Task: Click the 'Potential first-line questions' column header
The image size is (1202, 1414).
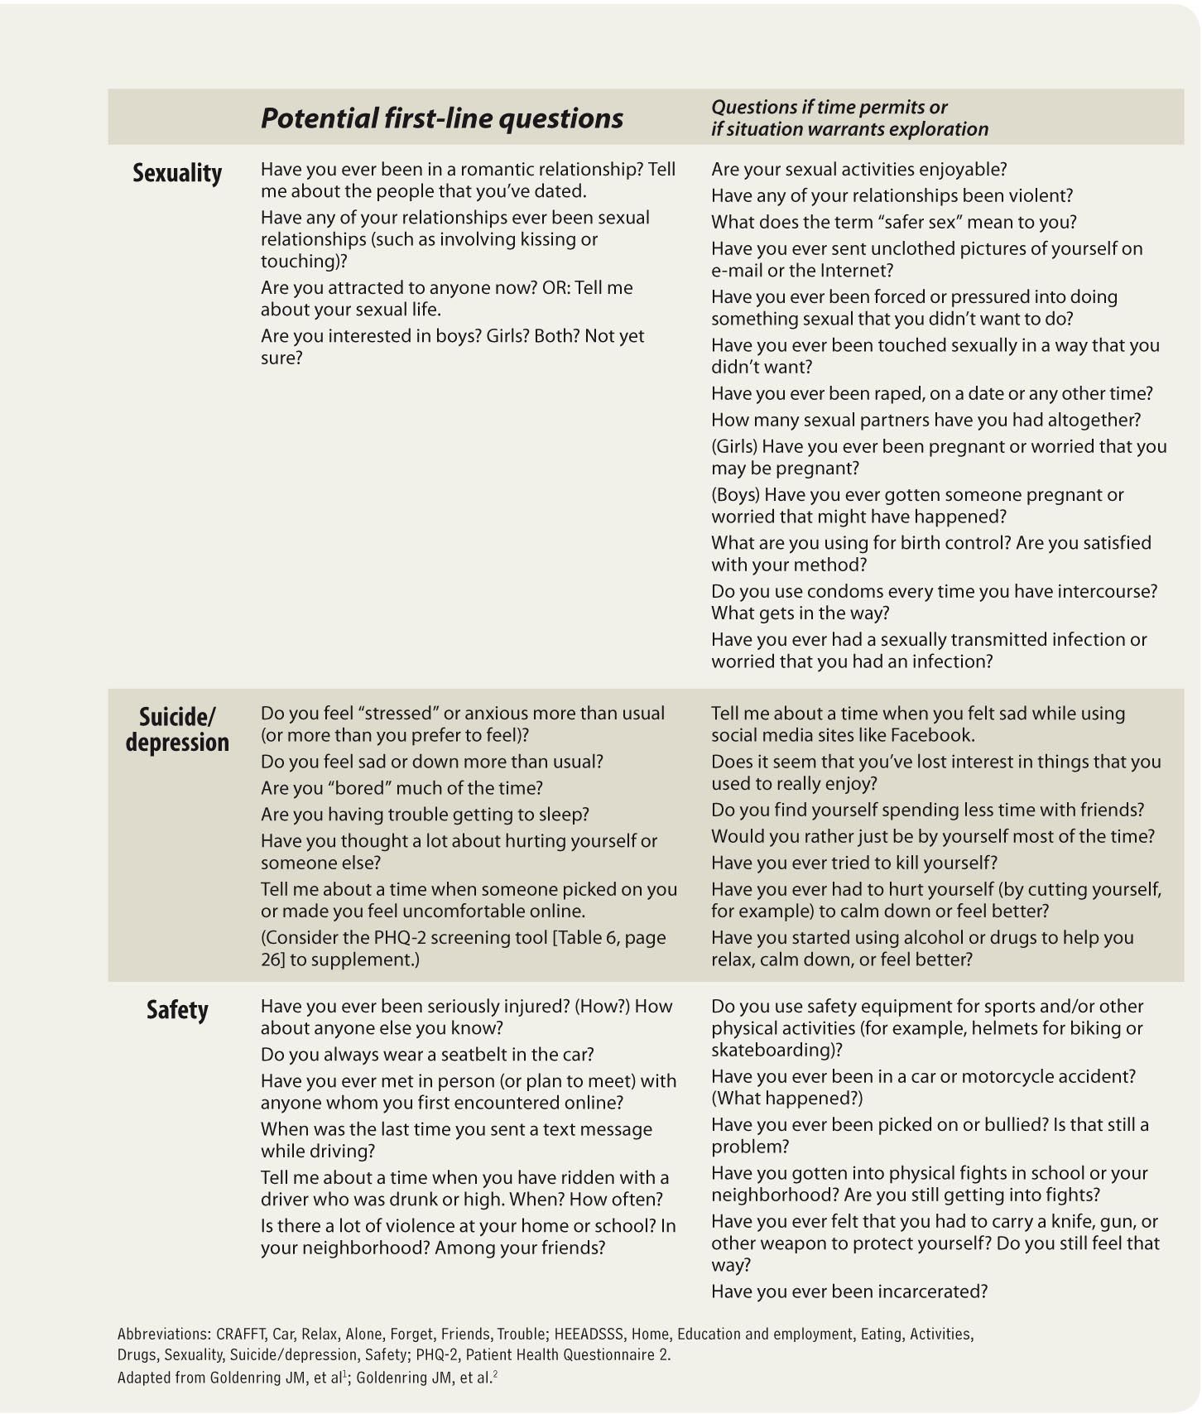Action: click(441, 118)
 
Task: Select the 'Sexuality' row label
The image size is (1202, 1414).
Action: click(177, 173)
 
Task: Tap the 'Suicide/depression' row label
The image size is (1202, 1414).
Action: click(177, 729)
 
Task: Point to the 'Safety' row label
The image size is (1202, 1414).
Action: click(177, 1010)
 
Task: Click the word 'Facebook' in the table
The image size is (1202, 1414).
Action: click(934, 735)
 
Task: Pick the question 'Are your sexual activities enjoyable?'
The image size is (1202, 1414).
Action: click(858, 170)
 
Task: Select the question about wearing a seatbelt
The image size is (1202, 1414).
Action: click(427, 1055)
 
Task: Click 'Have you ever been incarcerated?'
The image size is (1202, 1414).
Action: click(849, 1291)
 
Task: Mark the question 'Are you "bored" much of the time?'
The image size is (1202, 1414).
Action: click(401, 788)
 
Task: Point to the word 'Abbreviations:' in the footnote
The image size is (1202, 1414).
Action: click(164, 1335)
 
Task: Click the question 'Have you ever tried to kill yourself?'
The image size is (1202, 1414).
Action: click(854, 863)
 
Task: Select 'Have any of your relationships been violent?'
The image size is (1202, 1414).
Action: click(892, 196)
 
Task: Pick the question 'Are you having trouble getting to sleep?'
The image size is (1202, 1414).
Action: click(425, 815)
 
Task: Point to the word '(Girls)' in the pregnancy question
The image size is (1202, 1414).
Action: click(734, 447)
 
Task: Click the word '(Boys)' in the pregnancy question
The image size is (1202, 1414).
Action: click(735, 495)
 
